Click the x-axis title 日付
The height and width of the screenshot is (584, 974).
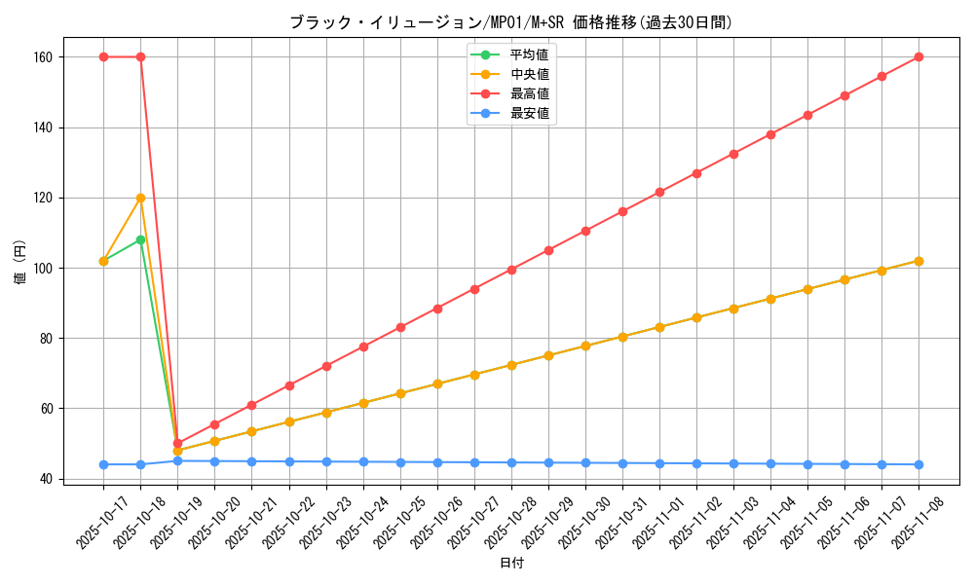(511, 564)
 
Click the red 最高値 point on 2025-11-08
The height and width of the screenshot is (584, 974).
(918, 57)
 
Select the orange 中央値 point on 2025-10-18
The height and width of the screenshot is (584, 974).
(140, 198)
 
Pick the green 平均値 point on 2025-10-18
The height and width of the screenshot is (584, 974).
(140, 239)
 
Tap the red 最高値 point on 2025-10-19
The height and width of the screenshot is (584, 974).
(177, 443)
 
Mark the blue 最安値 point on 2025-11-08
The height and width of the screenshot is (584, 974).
(918, 464)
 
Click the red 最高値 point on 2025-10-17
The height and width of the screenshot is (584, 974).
(103, 57)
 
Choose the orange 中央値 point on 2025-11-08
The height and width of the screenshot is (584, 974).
(918, 261)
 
